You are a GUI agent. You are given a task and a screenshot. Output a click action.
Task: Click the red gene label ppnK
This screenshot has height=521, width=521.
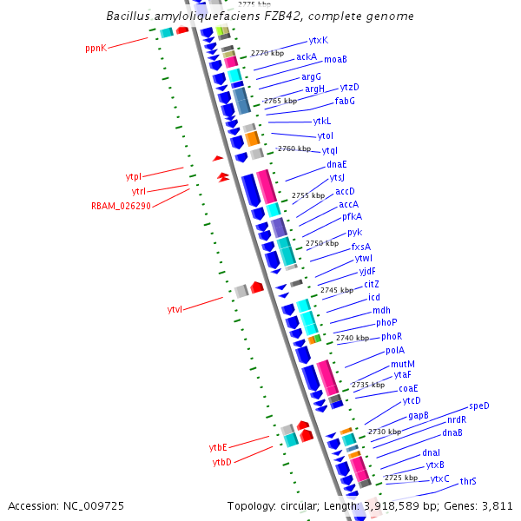[96, 49]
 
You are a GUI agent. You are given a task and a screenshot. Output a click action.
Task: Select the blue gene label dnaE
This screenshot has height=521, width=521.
[337, 164]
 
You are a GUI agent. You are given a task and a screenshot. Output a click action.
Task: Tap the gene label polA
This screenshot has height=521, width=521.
[395, 351]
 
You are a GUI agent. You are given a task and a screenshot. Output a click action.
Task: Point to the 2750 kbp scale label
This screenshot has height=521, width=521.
[321, 243]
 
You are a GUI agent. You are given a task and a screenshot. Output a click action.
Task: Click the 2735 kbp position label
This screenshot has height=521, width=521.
[367, 385]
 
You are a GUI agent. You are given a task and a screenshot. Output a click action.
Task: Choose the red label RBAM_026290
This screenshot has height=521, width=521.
[121, 206]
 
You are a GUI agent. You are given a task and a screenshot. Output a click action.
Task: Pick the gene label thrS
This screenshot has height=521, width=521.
[468, 481]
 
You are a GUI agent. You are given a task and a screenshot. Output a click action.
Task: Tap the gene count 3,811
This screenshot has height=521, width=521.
[495, 505]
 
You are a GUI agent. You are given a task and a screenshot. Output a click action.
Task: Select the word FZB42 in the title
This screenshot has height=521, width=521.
[258, 16]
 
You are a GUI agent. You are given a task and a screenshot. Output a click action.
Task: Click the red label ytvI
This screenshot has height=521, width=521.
[175, 309]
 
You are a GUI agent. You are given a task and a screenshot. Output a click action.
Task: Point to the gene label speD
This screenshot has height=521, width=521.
[479, 406]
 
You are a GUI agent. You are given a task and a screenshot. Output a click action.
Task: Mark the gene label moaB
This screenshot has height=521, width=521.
[335, 60]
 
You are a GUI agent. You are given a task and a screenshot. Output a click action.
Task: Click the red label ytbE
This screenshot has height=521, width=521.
[218, 446]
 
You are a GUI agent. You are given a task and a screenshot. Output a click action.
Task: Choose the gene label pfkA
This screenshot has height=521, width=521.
[352, 216]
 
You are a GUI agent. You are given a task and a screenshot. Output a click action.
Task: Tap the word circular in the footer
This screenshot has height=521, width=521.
[308, 505]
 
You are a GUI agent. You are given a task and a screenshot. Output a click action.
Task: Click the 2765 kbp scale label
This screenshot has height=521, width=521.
[280, 101]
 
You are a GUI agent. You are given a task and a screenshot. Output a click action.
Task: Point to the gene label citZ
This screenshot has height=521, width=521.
[372, 284]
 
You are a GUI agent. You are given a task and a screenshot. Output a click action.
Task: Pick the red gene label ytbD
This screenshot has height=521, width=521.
[222, 462]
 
